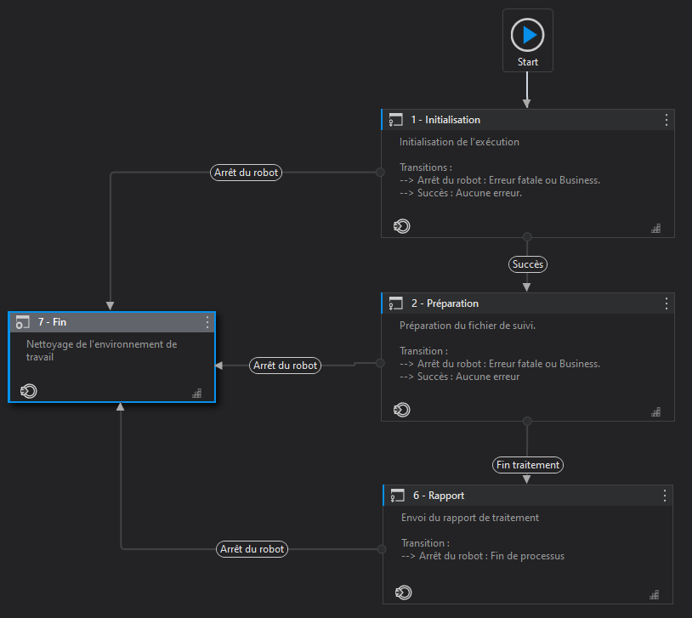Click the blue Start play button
[527, 35]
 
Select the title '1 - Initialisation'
[445, 120]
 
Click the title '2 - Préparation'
[445, 303]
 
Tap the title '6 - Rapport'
[439, 496]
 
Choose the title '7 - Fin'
[52, 322]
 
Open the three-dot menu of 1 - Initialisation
[666, 120]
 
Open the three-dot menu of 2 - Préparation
[666, 303]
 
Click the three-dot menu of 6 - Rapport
[664, 496]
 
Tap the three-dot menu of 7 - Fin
[207, 322]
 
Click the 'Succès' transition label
[528, 264]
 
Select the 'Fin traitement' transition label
[528, 465]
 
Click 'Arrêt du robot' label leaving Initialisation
[246, 173]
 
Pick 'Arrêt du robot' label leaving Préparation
[285, 366]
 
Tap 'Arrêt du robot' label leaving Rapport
[252, 549]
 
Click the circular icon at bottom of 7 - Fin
[28, 391]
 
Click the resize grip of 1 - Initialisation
[655, 228]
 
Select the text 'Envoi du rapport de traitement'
[470, 518]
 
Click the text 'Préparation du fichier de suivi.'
[468, 326]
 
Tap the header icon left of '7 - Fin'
[23, 323]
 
